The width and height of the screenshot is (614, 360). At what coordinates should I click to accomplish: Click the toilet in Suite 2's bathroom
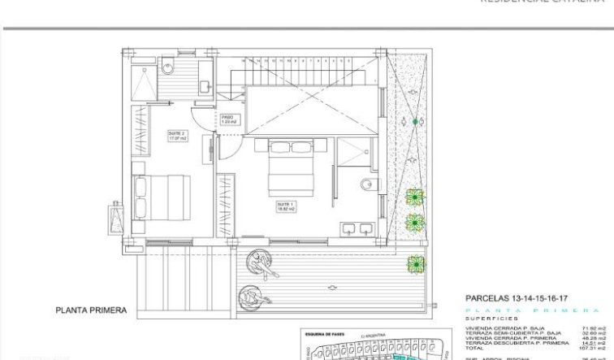tap(168, 68)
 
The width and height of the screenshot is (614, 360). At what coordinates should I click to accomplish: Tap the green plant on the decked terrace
tap(417, 263)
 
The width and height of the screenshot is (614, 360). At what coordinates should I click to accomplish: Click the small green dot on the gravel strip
tap(416, 121)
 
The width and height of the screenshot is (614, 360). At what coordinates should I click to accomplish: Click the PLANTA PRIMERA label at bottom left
tap(91, 310)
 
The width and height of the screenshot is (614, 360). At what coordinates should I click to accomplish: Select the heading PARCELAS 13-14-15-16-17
tap(516, 298)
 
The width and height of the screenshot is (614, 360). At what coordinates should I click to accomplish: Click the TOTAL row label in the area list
tap(473, 348)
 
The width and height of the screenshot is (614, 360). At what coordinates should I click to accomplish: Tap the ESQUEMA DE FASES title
tap(326, 333)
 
